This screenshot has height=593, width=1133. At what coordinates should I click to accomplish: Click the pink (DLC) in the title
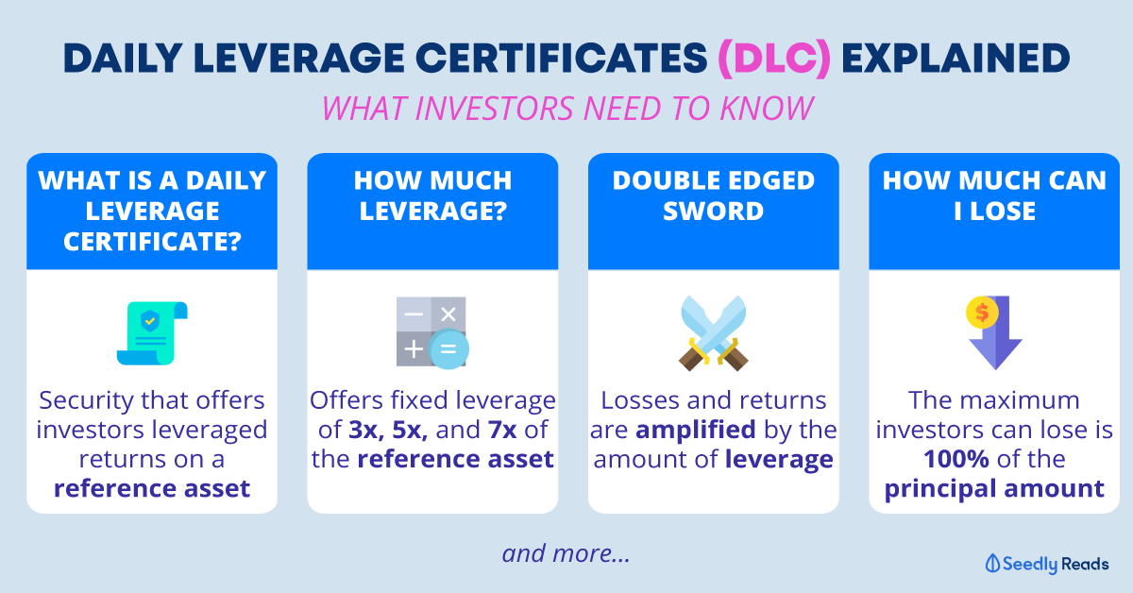point(774,59)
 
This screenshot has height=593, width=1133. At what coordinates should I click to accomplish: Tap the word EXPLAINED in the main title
point(955,59)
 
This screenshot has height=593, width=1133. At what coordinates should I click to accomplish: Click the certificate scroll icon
point(152,333)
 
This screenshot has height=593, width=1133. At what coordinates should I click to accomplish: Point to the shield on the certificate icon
point(150,321)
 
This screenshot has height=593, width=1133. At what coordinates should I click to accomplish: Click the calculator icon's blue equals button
point(448,348)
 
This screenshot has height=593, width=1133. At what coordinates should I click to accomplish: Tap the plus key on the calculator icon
point(414,348)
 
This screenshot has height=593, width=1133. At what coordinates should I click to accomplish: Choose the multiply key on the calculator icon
point(448,314)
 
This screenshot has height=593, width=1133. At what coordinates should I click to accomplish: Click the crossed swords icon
point(713,333)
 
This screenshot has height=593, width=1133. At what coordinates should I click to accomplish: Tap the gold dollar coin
point(982,313)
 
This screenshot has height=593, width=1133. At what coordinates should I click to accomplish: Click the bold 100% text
point(955,460)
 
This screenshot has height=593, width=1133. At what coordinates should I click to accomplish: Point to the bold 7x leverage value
point(502,430)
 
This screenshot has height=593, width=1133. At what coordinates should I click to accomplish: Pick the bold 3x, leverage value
point(367,430)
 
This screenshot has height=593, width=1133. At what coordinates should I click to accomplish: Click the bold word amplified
point(696,430)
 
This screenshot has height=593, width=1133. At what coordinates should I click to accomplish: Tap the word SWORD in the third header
point(713,211)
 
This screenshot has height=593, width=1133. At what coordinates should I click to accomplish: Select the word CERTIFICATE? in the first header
point(152,242)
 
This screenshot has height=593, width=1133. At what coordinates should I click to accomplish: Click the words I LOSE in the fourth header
point(994,211)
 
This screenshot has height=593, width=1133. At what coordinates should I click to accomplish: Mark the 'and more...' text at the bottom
point(566,553)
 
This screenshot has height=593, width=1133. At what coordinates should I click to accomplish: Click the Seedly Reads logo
point(1047,564)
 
